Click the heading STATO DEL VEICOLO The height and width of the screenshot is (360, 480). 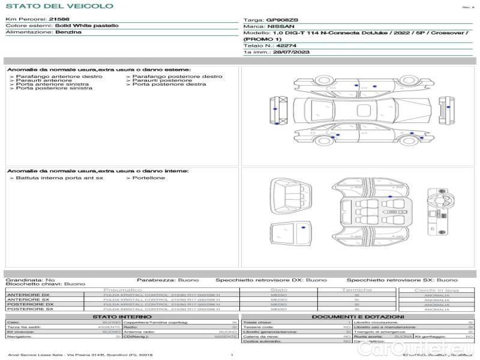(x=59, y=6)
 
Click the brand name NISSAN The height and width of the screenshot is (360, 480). (x=280, y=26)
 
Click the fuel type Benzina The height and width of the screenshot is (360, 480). (x=68, y=32)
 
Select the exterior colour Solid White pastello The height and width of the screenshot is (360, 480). (x=86, y=26)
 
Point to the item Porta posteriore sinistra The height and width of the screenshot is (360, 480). (x=54, y=88)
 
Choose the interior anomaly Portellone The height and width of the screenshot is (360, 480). (x=148, y=178)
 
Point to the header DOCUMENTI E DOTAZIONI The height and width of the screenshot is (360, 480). (x=358, y=316)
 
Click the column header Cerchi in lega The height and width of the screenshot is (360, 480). (x=436, y=290)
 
